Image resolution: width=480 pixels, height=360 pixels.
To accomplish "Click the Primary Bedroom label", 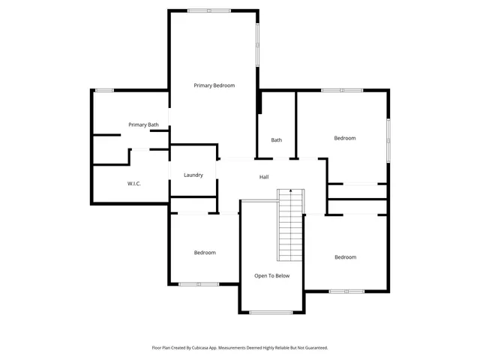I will point(214,85).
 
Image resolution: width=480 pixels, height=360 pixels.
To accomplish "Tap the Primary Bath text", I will point(143,124).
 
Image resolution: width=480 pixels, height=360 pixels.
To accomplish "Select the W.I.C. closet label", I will point(135,183).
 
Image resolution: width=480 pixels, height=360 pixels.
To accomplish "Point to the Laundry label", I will point(193,175).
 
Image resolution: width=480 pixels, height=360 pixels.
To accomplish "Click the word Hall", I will point(264,177).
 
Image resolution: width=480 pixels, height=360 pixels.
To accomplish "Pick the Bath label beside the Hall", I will point(276,139).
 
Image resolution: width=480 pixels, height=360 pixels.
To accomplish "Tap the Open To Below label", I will point(271,276).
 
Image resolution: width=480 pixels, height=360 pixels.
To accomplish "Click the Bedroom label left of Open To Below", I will point(205,253).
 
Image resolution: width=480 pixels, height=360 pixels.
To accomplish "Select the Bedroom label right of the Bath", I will point(344,138).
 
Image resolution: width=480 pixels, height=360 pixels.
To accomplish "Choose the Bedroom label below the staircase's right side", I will point(345,257).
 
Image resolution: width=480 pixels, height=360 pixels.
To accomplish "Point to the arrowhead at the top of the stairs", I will point(290,192).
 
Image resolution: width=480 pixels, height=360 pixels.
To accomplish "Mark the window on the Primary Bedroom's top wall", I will point(209,10).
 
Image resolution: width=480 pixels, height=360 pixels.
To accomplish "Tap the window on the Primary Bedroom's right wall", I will point(258,45).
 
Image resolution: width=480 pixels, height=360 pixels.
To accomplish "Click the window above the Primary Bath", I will point(103,91).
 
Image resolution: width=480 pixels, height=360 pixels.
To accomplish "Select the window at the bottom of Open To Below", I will point(271,312).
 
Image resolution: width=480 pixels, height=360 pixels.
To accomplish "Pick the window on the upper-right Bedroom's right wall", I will point(388,139).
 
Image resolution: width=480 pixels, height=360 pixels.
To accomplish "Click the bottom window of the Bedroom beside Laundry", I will point(199,283).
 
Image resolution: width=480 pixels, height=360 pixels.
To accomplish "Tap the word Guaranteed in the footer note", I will point(313,348).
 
